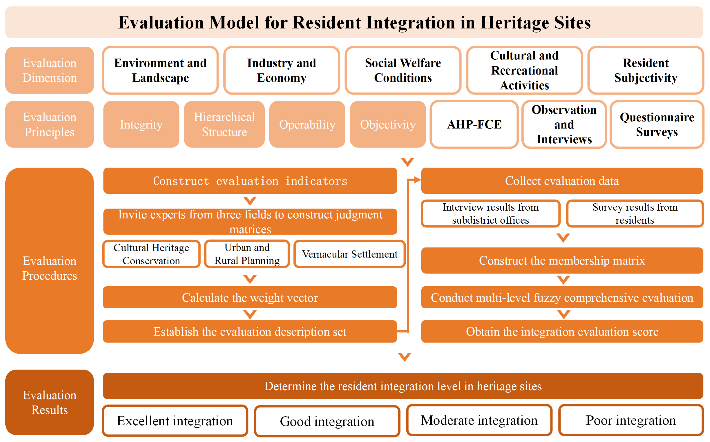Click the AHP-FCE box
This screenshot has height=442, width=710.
[x=474, y=124]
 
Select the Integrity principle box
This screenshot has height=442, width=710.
[x=141, y=124]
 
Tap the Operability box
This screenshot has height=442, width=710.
[x=307, y=124]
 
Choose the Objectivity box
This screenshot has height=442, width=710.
[x=388, y=124]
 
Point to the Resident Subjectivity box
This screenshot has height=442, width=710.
[x=645, y=70]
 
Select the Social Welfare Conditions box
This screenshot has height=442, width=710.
[x=403, y=70]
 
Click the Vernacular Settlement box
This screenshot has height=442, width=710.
[x=349, y=254]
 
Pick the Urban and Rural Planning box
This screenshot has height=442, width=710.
[x=247, y=254]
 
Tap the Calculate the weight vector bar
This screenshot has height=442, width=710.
[x=250, y=298]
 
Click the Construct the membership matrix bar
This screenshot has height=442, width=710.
[x=562, y=260]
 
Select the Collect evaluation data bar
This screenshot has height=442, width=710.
[x=562, y=181]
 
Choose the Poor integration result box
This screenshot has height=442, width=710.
[x=631, y=420]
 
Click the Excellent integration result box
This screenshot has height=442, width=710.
[x=175, y=421]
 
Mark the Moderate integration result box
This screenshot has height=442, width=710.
[x=479, y=420]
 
